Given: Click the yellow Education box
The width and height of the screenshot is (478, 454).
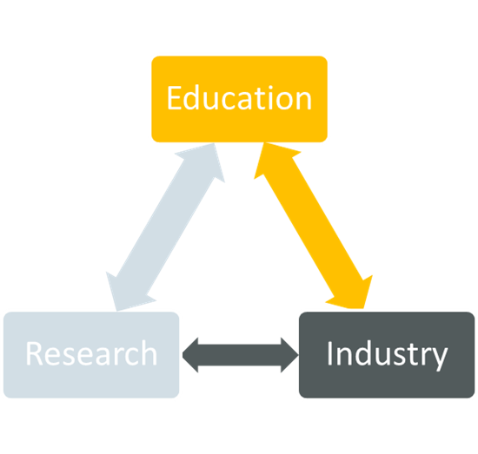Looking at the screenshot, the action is [x=239, y=99].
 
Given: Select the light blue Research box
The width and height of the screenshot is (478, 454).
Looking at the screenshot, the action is [x=91, y=355].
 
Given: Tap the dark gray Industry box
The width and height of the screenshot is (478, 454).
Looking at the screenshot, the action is [x=387, y=355].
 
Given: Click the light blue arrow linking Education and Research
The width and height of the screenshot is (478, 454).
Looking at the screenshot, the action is [x=165, y=227].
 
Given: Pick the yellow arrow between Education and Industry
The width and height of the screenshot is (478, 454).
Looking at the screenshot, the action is [x=313, y=226].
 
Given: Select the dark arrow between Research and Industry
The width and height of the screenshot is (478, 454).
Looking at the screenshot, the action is [x=241, y=355].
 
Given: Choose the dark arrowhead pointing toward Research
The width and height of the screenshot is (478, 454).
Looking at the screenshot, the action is [x=190, y=355].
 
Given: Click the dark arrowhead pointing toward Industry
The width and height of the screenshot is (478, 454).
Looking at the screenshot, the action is [x=289, y=355].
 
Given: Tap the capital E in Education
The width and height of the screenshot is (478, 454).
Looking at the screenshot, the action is [x=175, y=98].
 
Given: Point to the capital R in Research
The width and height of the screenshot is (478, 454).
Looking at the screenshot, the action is [x=34, y=353].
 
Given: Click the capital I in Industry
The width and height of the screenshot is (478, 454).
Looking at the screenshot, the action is [x=329, y=353].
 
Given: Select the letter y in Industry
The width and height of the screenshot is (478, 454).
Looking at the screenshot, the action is [x=439, y=360].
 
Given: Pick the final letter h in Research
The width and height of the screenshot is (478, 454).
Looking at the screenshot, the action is [x=149, y=352].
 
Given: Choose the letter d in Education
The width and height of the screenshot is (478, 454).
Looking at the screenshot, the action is [x=192, y=97].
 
